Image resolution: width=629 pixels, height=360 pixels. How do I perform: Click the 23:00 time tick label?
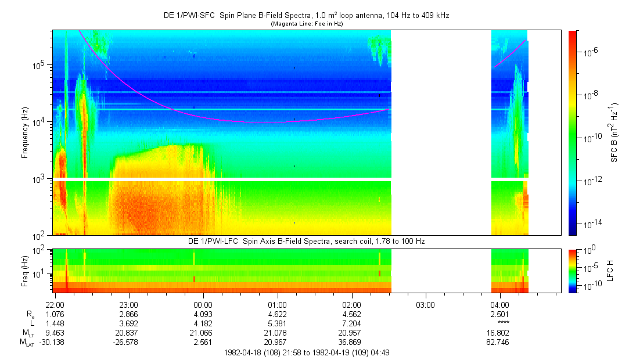pos(128,304)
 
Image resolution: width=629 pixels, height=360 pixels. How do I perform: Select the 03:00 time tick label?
pos(426,304)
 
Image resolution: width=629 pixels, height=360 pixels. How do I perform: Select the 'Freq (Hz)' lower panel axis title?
pos(25,270)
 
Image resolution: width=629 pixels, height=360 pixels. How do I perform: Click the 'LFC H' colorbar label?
pos(614,270)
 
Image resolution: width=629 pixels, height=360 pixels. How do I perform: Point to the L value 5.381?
pos(277,323)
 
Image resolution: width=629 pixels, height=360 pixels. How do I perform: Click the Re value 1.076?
pos(55,314)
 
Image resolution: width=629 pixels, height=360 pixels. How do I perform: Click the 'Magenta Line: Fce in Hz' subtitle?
pos(306,23)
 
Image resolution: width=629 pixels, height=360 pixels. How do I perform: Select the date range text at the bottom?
pos(306,352)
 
